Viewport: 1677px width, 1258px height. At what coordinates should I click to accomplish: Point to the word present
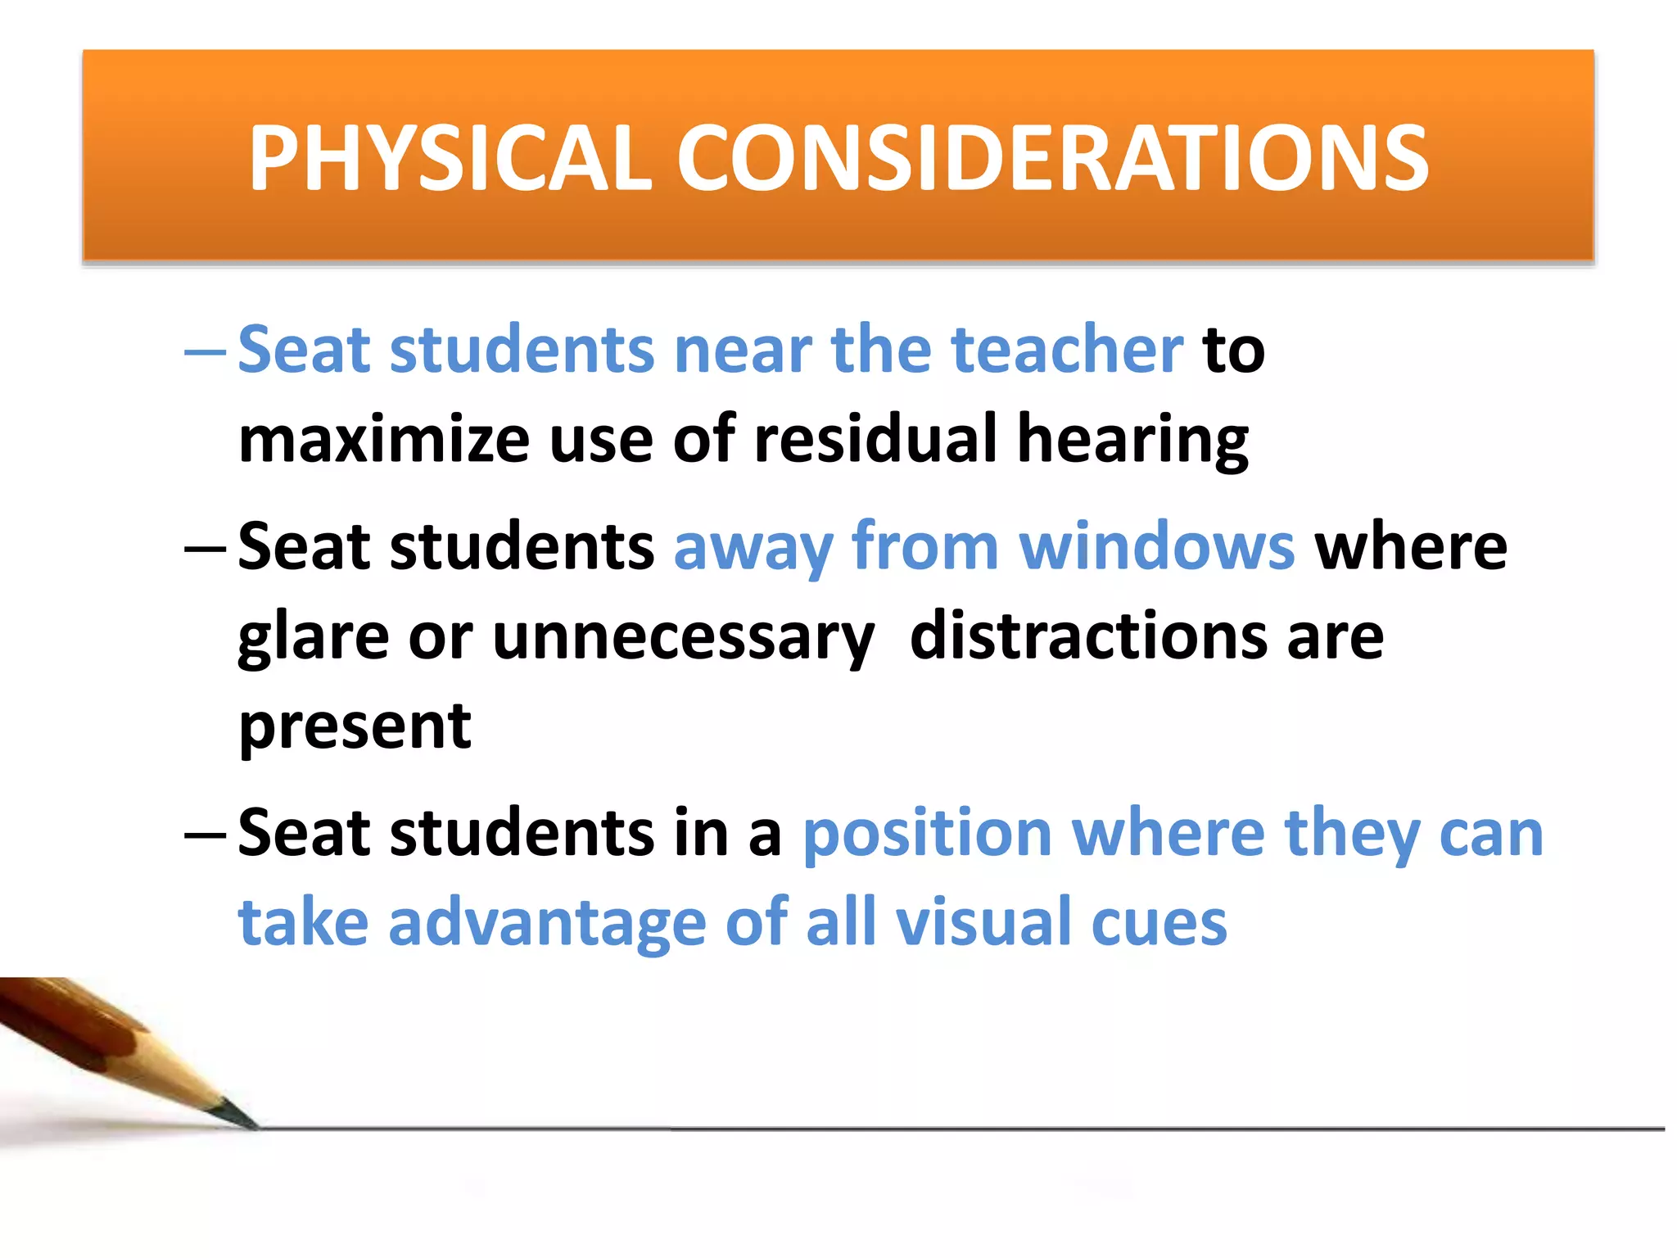pos(355,727)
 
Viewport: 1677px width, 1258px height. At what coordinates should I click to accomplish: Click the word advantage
pos(547,924)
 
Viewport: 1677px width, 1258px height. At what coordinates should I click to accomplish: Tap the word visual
pos(983,922)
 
